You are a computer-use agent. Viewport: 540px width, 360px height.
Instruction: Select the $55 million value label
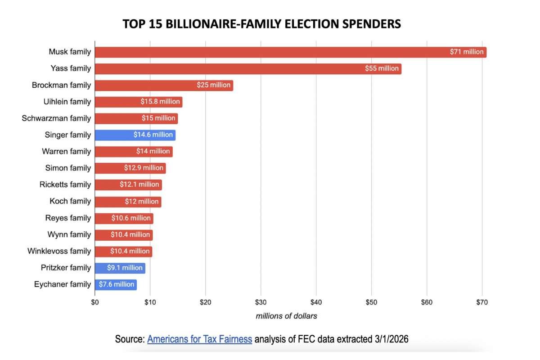[x=382, y=69]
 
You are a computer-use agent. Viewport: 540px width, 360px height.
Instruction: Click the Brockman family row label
[x=61, y=85]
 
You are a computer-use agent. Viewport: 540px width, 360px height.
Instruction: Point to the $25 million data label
[x=214, y=85]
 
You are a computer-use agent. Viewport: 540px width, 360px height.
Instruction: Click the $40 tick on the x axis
[x=316, y=302]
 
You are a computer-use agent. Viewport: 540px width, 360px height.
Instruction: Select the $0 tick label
[x=94, y=302]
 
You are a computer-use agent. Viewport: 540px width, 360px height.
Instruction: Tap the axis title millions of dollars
[x=286, y=316]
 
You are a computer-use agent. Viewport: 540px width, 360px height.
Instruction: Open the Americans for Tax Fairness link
[x=199, y=339]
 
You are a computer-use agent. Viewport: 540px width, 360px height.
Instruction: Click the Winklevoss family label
[x=59, y=251]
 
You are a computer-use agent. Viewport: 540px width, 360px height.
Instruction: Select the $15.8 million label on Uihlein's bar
[x=160, y=102]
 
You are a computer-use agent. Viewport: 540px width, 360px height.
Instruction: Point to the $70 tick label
[x=482, y=302]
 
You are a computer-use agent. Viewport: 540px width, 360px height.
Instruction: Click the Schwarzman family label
[x=56, y=118]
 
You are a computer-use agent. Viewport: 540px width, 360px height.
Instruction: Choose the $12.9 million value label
[x=144, y=168]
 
